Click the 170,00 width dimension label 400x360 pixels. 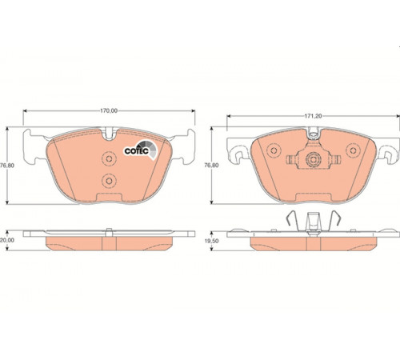109,111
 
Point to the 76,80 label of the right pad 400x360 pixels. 211,166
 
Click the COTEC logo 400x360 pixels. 141,150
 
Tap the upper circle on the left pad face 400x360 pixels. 109,159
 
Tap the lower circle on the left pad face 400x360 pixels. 109,181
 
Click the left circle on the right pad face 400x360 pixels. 274,150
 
